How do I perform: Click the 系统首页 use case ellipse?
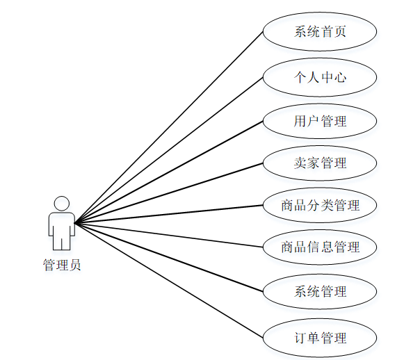click(x=320, y=31)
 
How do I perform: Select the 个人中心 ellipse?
click(x=320, y=76)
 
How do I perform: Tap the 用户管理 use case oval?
click(x=320, y=121)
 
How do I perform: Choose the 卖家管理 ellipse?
click(x=320, y=163)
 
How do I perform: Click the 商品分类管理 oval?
click(x=320, y=205)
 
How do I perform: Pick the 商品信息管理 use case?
click(x=320, y=247)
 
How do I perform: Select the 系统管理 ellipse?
click(x=320, y=291)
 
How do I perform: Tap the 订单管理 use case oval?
click(x=320, y=338)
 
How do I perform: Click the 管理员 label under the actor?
click(x=62, y=265)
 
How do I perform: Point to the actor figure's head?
click(x=62, y=204)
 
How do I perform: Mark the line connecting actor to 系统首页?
click(x=169, y=127)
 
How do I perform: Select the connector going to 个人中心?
click(x=169, y=150)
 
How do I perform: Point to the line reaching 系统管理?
click(x=169, y=258)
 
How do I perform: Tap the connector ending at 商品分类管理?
click(x=169, y=214)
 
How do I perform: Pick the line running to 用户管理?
click(x=169, y=172)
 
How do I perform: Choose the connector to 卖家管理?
click(x=169, y=194)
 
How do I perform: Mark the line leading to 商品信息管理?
click(x=169, y=235)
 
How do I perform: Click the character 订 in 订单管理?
click(x=300, y=338)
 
